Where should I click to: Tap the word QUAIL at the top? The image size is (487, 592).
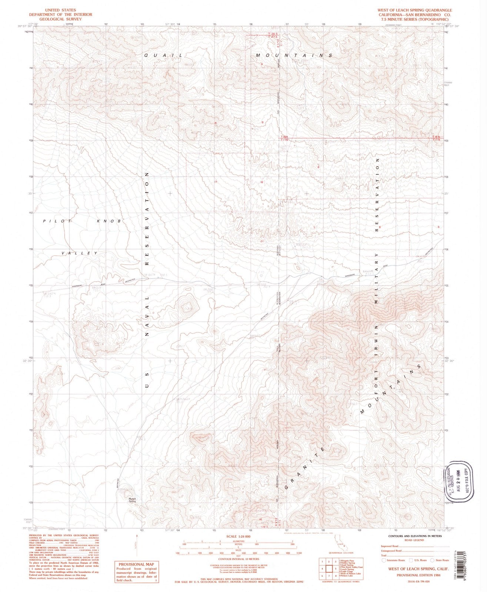163,55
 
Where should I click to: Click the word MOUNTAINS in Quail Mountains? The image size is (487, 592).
294,55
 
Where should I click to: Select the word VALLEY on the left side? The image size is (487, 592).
80,253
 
